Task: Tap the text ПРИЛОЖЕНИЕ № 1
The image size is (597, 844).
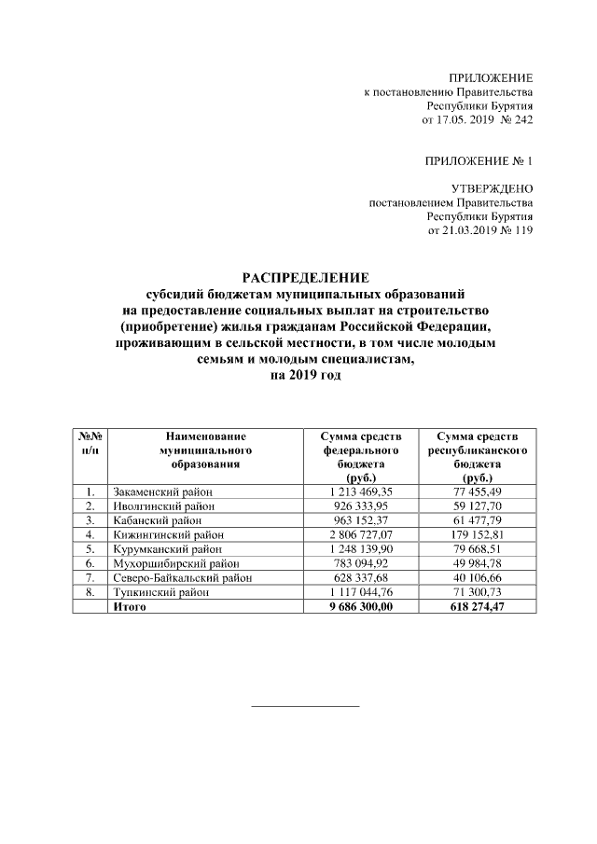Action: click(479, 161)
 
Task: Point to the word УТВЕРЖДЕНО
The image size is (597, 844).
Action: click(492, 188)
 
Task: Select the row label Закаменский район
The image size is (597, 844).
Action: click(162, 491)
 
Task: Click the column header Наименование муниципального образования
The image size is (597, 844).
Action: click(205, 449)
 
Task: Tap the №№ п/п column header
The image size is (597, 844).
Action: click(90, 442)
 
